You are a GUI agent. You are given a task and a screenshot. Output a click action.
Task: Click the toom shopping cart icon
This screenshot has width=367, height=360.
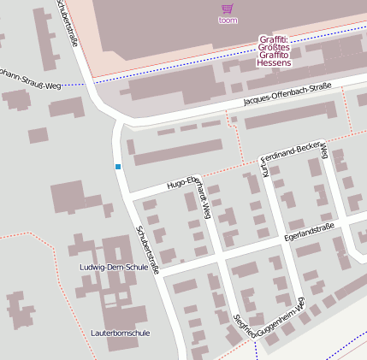tap(228, 8)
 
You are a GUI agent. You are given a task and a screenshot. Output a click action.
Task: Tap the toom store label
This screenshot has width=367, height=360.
tap(228, 20)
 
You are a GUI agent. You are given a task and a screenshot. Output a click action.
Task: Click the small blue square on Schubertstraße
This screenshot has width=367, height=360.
tap(118, 166)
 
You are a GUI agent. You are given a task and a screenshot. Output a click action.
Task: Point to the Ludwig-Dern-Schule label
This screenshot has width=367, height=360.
tap(114, 267)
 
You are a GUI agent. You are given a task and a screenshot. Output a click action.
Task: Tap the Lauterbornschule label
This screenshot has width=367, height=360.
tap(120, 333)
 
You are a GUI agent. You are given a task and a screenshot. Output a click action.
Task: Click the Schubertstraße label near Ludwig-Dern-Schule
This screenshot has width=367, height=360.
tap(148, 249)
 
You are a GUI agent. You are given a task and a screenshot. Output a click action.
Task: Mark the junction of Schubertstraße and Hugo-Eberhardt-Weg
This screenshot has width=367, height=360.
tap(129, 196)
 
